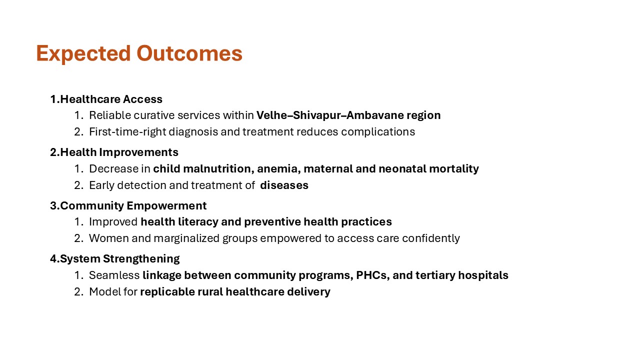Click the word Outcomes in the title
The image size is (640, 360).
(x=189, y=53)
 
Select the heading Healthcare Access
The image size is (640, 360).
(x=111, y=99)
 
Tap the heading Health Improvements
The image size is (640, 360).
(x=119, y=152)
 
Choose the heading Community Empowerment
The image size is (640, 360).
(x=133, y=205)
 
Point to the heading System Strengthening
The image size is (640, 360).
(x=119, y=258)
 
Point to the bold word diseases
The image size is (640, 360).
(x=284, y=185)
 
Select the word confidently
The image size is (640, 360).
(x=428, y=238)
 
